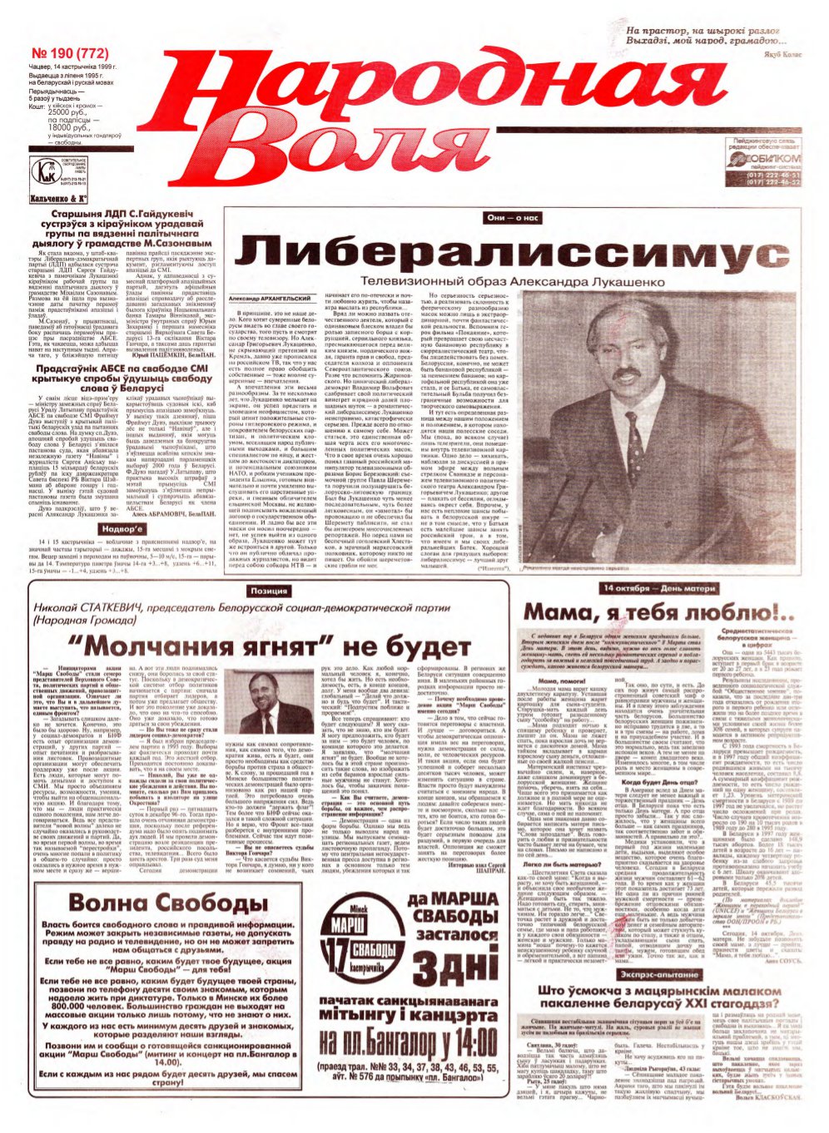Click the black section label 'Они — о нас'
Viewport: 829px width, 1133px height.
pos(514,218)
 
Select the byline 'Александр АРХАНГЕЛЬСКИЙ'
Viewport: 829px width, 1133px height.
pos(270,299)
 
